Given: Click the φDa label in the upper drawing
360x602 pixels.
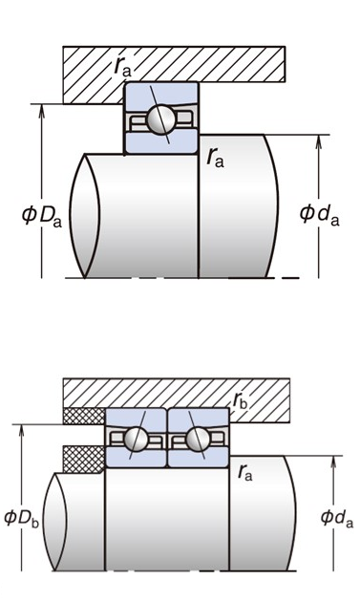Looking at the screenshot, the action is [41, 216].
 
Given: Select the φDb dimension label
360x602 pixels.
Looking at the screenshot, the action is [22, 518].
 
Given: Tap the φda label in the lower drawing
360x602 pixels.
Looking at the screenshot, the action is [337, 518].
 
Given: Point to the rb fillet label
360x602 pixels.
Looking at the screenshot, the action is [241, 400].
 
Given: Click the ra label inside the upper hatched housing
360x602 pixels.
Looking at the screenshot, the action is [123, 67].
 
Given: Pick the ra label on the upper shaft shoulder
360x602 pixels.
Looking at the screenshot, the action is [215, 158].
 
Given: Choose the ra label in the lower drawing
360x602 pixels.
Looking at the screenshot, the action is [245, 472].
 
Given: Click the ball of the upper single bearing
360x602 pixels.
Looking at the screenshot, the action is [161, 119].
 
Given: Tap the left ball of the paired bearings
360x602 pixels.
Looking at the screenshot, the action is [136, 439].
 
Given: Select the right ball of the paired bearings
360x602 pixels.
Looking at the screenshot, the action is [198, 439].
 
